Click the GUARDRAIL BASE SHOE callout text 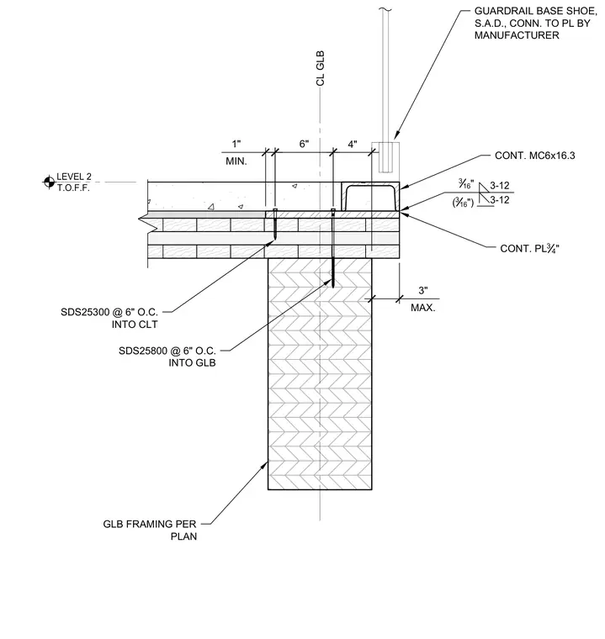(x=536, y=24)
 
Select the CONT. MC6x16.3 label (x=535, y=156)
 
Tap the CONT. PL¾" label (x=529, y=248)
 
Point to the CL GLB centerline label (x=321, y=68)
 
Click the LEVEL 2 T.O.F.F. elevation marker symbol (x=49, y=182)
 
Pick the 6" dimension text (x=305, y=144)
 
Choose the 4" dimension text (x=353, y=144)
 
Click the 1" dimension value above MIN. (x=236, y=144)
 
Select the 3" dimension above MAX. (x=423, y=291)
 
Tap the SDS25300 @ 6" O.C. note (x=109, y=312)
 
